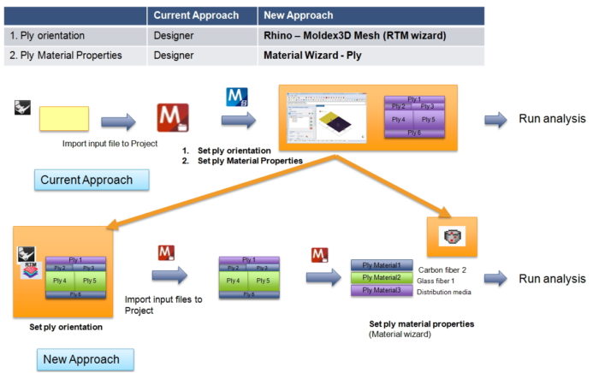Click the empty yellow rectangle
coord(63,118)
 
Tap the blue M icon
coord(235,97)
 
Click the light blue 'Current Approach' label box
coord(92,180)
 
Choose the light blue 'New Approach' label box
coord(78,358)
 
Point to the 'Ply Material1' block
coord(382,265)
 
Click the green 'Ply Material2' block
coord(382,277)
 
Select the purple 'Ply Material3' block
coord(382,290)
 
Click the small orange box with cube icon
coord(451,237)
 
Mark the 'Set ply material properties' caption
coord(421,324)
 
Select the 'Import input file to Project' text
coord(110,143)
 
